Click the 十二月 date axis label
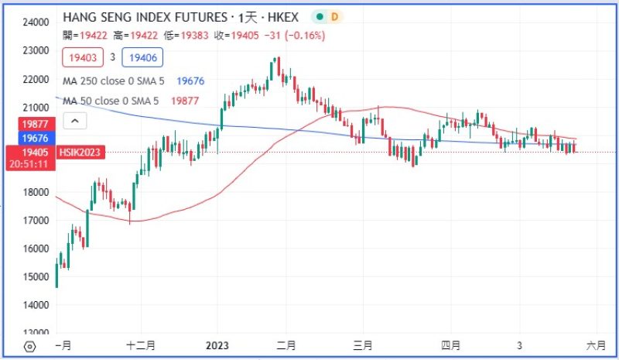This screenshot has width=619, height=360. click(x=141, y=345)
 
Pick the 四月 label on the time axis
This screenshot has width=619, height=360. click(x=451, y=345)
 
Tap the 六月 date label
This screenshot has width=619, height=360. click(x=596, y=345)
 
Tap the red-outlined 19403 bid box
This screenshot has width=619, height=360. click(x=82, y=57)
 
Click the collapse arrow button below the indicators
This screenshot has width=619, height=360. click(x=75, y=121)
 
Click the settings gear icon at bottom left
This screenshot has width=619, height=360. click(x=30, y=346)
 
